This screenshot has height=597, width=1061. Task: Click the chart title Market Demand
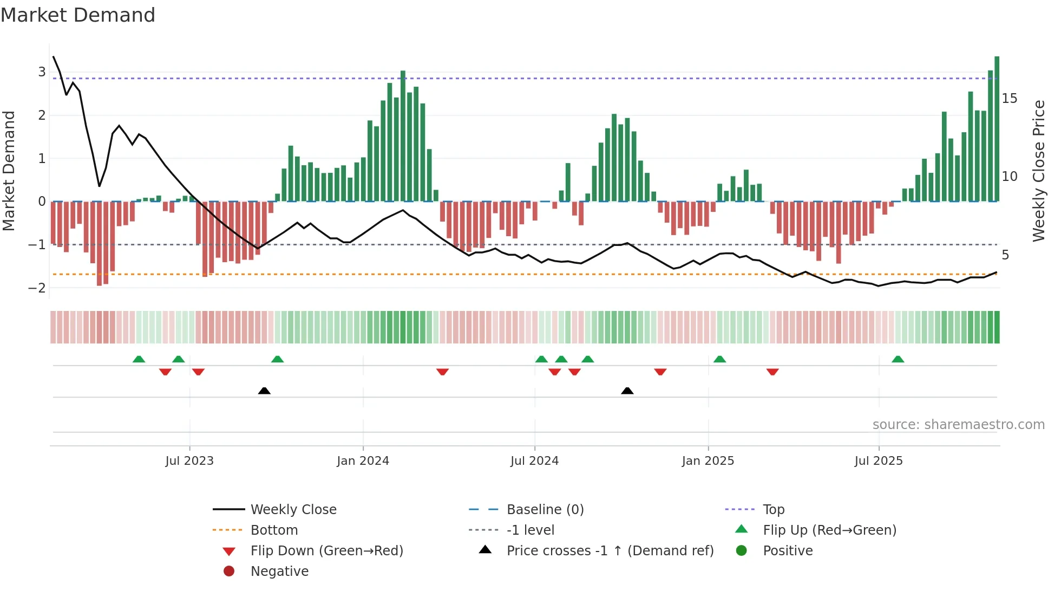pos(78,15)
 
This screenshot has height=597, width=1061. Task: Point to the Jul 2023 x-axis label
pos(189,461)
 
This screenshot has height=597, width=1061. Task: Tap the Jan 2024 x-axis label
pos(363,461)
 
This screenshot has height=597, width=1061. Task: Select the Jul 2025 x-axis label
pos(879,461)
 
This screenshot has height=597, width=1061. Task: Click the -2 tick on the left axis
pos(37,288)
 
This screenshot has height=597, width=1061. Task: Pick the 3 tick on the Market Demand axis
pos(42,72)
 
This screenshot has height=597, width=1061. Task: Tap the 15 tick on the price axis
pos(1010,99)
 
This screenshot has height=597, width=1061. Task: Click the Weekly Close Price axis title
pos(1038,171)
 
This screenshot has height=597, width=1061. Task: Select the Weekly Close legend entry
pos(293,510)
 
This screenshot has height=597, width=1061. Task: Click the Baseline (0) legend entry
pos(545,510)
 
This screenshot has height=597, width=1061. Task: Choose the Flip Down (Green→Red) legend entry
pos(326,551)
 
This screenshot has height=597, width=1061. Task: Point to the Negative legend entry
pos(279,572)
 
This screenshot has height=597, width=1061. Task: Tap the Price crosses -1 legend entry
pos(610,551)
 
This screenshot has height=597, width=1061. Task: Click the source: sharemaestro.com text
pos(958,425)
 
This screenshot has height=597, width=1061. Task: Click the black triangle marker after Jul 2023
pos(264,391)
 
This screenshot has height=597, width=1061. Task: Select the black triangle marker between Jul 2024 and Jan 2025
pos(627,391)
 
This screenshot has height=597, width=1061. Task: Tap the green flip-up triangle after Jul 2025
pos(898,359)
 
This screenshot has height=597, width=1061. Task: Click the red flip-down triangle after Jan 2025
pos(772,372)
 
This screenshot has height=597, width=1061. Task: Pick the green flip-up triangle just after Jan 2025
pos(719,359)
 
